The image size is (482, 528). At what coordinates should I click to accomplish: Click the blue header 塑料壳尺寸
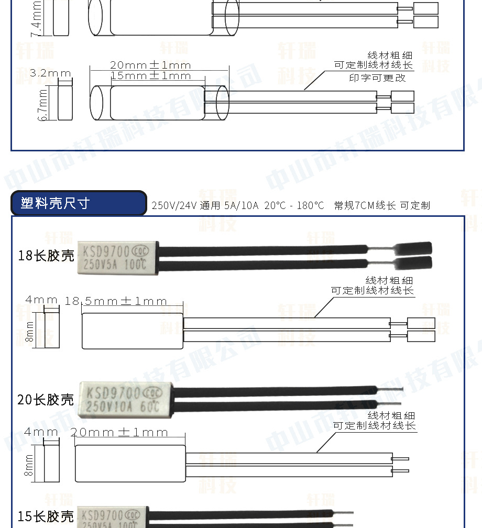tap(79, 203)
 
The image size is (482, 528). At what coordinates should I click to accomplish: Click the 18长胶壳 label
tap(46, 256)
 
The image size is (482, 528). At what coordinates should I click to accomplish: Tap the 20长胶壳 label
tap(46, 400)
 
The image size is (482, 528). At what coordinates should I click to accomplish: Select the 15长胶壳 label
tap(46, 516)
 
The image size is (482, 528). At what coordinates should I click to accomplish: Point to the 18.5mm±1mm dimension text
tap(116, 301)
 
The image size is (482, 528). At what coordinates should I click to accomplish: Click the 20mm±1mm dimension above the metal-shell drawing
tap(150, 65)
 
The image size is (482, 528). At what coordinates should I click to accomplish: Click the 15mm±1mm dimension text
tap(151, 76)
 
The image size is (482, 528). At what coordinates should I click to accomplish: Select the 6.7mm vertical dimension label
tap(43, 104)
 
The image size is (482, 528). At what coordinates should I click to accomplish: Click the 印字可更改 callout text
tap(377, 78)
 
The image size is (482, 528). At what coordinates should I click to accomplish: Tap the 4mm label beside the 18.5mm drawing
tap(41, 300)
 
